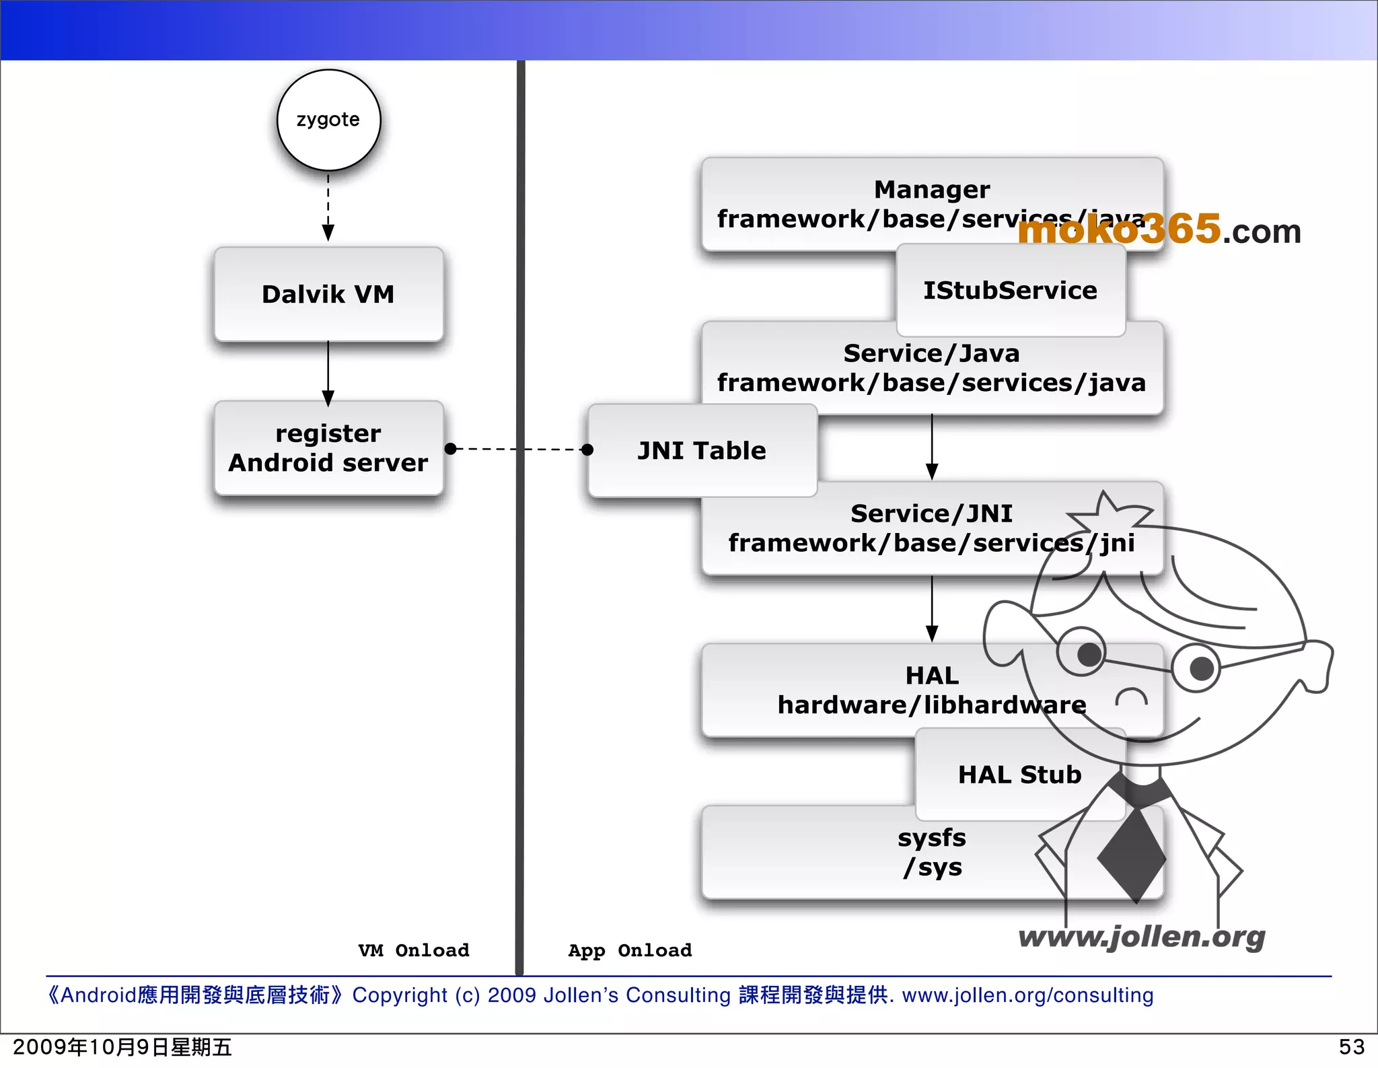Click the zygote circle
click(328, 120)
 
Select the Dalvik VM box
click(328, 294)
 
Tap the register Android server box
click(328, 448)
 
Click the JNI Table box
click(702, 450)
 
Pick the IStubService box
click(1010, 290)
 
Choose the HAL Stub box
click(1019, 775)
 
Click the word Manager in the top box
click(932, 190)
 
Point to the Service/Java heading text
click(932, 353)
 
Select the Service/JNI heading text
click(932, 513)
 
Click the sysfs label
click(932, 838)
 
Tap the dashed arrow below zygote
click(328, 205)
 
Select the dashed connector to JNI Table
click(519, 449)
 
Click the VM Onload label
click(414, 950)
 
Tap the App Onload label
click(630, 950)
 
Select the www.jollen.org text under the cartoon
click(1141, 937)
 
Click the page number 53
click(1351, 1047)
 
